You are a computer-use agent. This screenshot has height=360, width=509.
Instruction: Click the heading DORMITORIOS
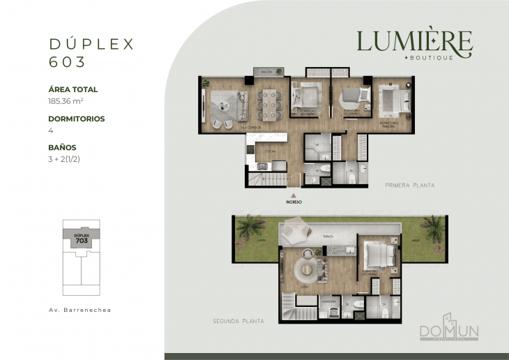pyautogui.click(x=76, y=119)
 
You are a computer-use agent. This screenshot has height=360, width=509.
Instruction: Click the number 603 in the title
pyautogui.click(x=67, y=61)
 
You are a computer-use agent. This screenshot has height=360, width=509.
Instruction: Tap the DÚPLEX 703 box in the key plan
pyautogui.click(x=81, y=238)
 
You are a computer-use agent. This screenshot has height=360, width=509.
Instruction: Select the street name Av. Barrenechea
pyautogui.click(x=81, y=308)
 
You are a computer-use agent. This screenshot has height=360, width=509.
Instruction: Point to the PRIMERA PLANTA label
pyautogui.click(x=409, y=186)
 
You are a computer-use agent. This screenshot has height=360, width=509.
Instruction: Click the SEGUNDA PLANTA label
pyautogui.click(x=238, y=321)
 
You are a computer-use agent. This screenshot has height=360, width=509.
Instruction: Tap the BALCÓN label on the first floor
pyautogui.click(x=266, y=72)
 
